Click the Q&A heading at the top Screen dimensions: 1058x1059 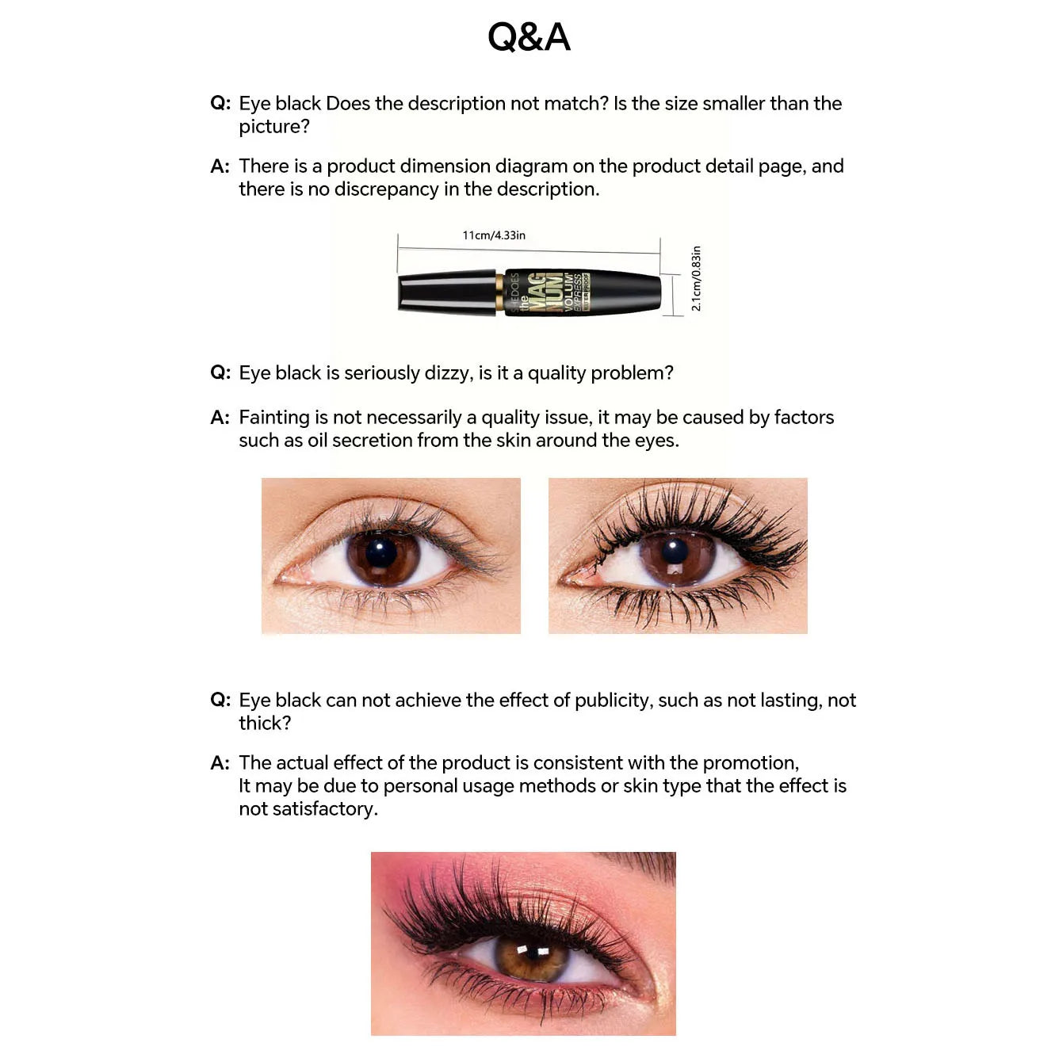529,37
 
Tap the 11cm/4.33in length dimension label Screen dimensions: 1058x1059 494,235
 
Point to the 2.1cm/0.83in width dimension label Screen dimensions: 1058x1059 696,278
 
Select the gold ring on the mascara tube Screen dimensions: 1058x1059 499,292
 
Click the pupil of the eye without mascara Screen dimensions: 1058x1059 382,552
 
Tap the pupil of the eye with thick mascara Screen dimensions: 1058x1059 675,551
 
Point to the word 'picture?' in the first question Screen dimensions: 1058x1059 274,127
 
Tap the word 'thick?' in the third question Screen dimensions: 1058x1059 265,724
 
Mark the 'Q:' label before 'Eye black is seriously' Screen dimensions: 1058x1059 220,372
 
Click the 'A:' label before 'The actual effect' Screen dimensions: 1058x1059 220,763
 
